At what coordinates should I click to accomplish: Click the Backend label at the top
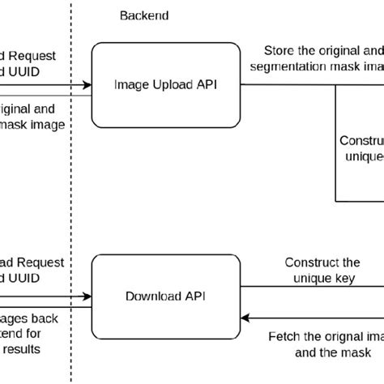tap(145, 15)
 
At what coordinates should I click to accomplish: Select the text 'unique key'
tap(322, 279)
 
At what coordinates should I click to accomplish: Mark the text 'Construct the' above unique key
tap(322, 263)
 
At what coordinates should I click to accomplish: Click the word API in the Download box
tap(195, 296)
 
